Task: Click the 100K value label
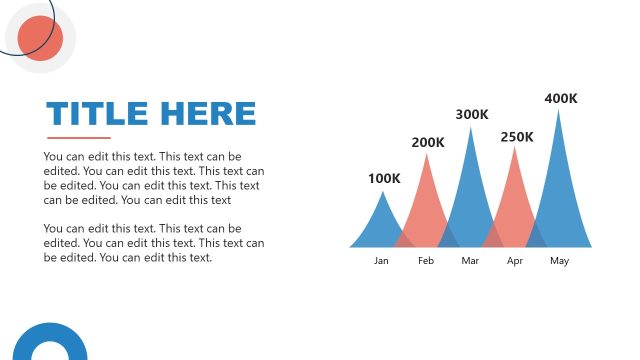(x=384, y=179)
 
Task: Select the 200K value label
(x=428, y=143)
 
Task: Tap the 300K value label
(x=472, y=115)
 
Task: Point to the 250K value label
(x=517, y=137)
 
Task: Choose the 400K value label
(x=561, y=99)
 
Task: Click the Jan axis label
(x=381, y=261)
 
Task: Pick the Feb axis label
(x=426, y=261)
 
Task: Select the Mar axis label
(x=471, y=261)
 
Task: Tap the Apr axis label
(x=515, y=261)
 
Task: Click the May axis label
(x=559, y=261)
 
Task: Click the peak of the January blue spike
(x=382, y=193)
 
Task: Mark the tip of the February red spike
(x=427, y=154)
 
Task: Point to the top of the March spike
(x=471, y=127)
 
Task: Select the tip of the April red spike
(x=515, y=148)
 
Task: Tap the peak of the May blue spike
(x=559, y=110)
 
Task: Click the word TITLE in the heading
(x=97, y=114)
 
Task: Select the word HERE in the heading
(x=207, y=114)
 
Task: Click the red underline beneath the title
(x=79, y=138)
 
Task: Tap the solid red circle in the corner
(x=41, y=38)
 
